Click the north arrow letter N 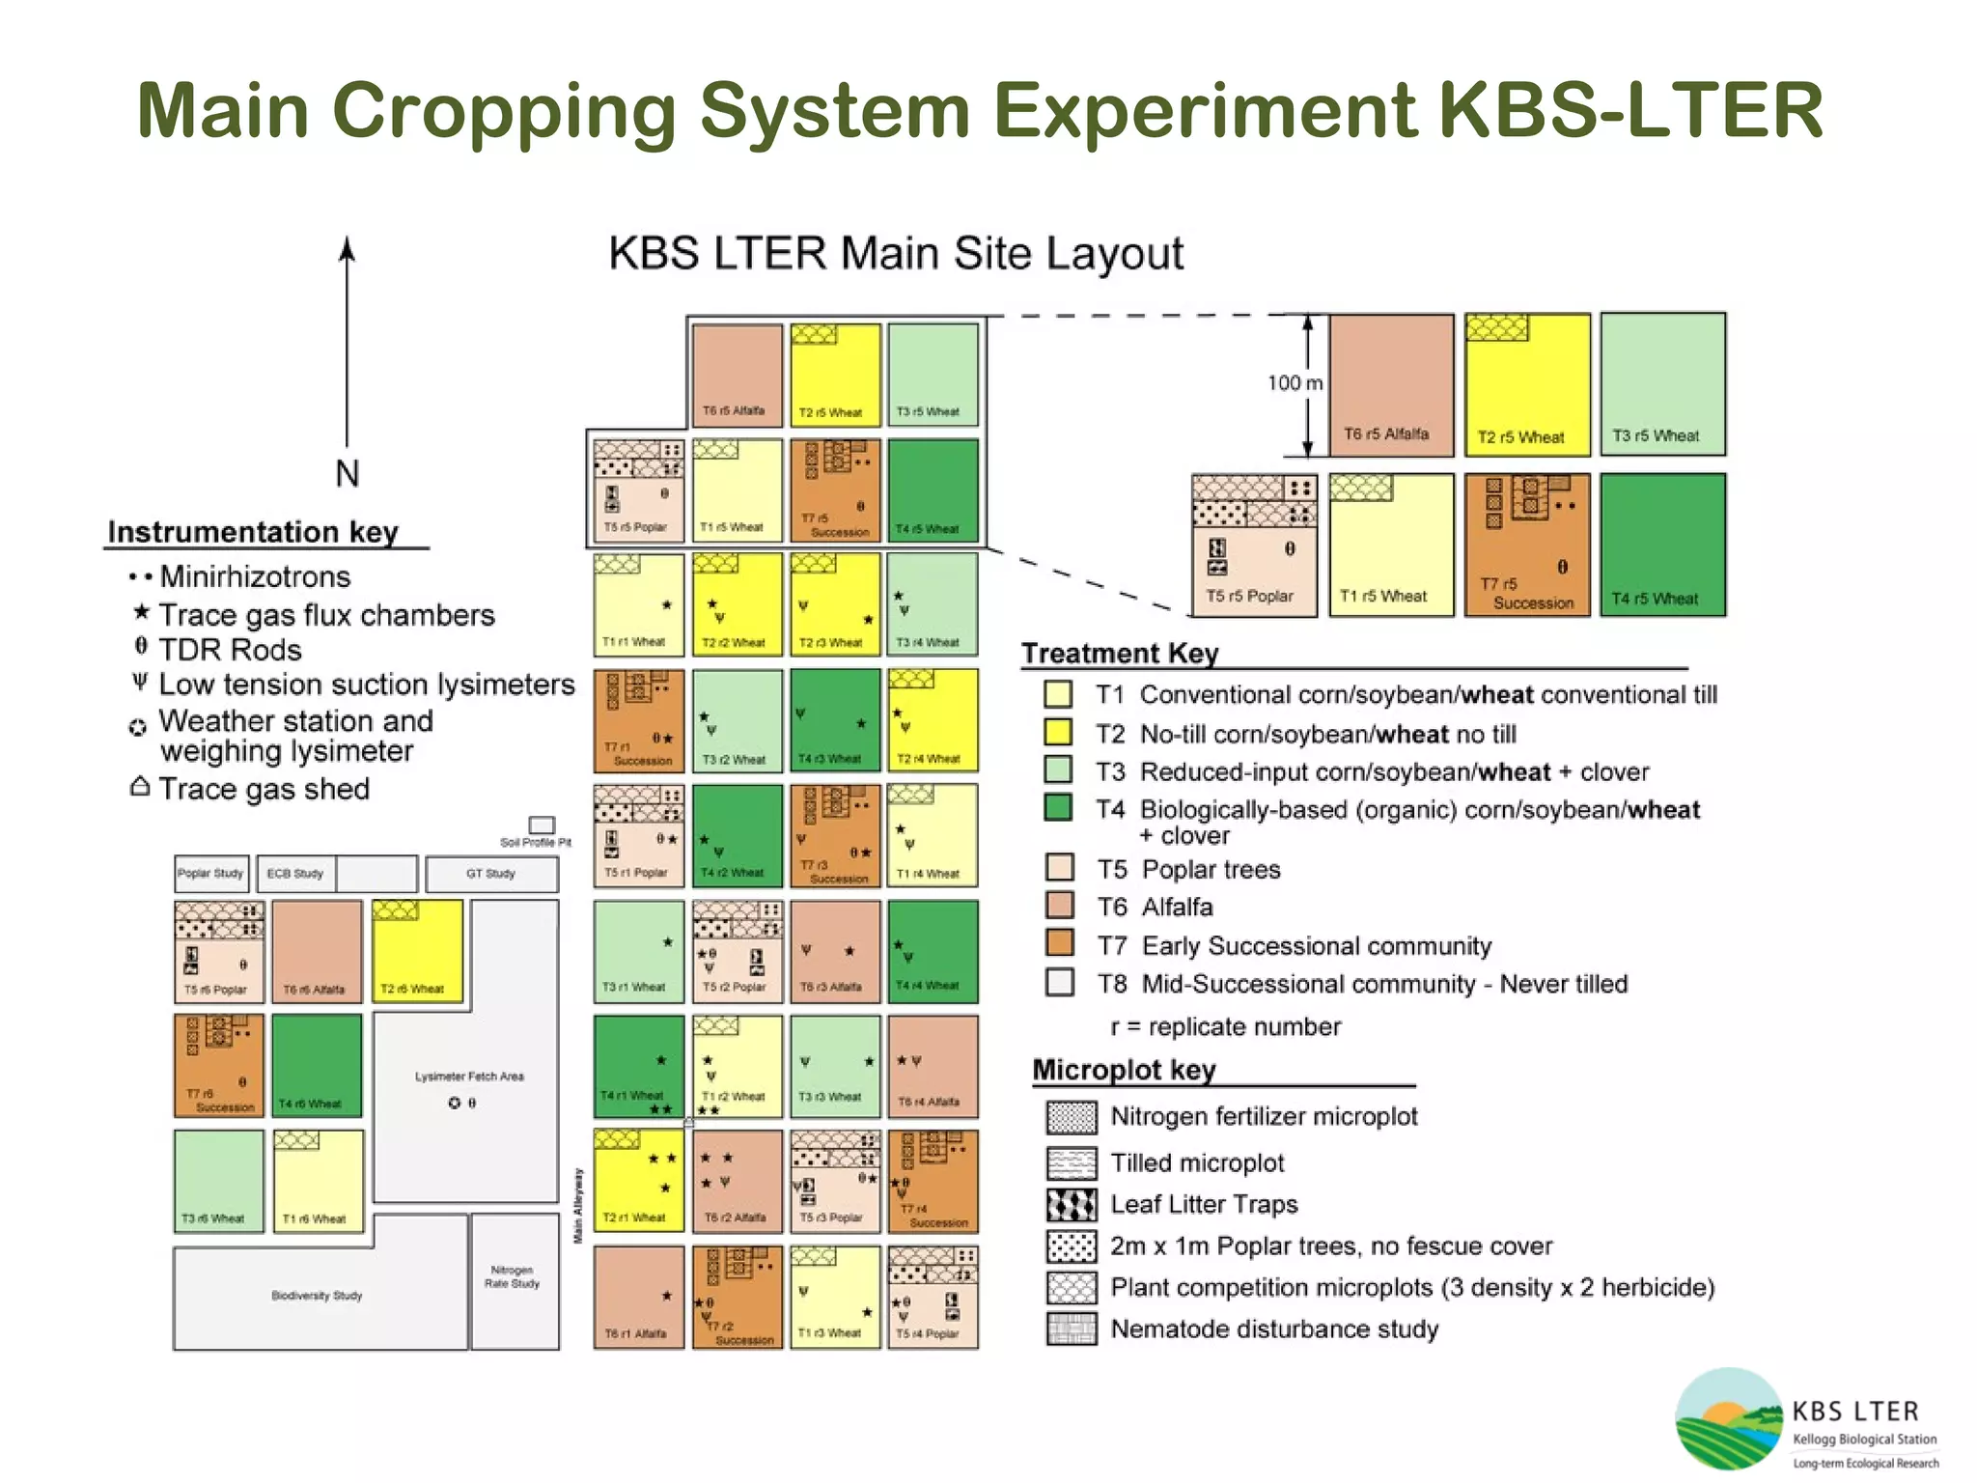point(347,473)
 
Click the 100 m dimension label point(1294,383)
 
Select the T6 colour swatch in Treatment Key point(1060,906)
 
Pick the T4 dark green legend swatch point(1058,807)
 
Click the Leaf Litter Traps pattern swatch point(1071,1204)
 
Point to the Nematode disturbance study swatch point(1071,1329)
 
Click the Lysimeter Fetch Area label point(469,1076)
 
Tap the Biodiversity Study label point(317,1296)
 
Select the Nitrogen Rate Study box point(515,1280)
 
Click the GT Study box point(491,874)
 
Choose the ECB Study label point(295,874)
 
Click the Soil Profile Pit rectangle point(542,825)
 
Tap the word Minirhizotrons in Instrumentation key point(255,576)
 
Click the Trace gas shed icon point(140,787)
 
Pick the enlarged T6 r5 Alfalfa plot point(1391,383)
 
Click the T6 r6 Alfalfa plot point(317,951)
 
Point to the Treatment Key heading point(1120,654)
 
